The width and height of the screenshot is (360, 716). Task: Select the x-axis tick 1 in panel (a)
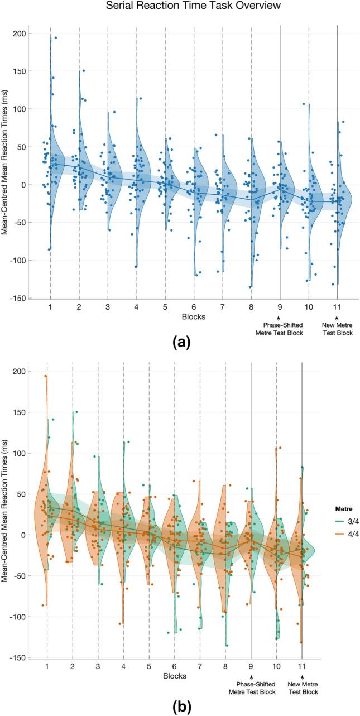click(x=50, y=307)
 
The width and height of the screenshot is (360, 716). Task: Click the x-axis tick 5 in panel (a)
click(x=165, y=307)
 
